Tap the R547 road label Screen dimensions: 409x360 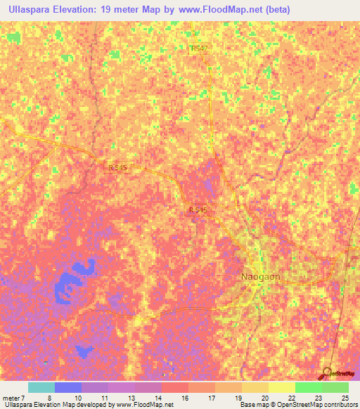(x=199, y=48)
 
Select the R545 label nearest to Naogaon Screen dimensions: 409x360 (x=198, y=210)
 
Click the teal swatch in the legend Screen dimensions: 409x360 (x=41, y=387)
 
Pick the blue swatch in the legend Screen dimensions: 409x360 (x=67, y=387)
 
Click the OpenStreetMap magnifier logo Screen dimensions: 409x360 (x=327, y=373)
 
